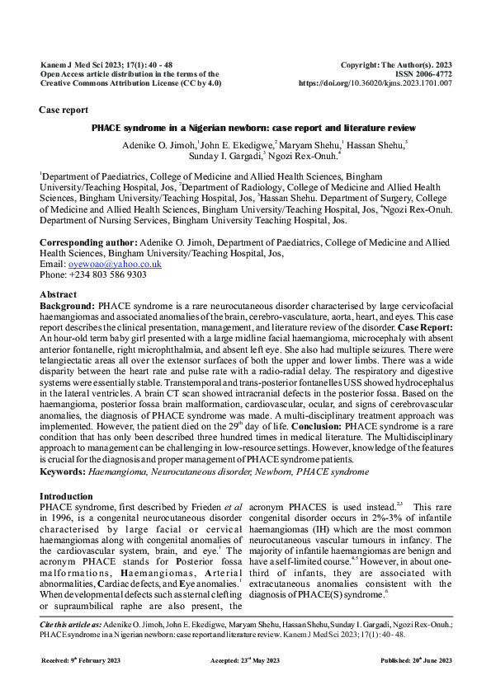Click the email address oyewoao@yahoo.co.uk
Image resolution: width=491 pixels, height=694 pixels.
[x=115, y=265]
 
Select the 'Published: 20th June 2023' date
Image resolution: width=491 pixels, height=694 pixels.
[x=415, y=662]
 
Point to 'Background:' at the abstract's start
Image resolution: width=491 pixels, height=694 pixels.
[x=68, y=303]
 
